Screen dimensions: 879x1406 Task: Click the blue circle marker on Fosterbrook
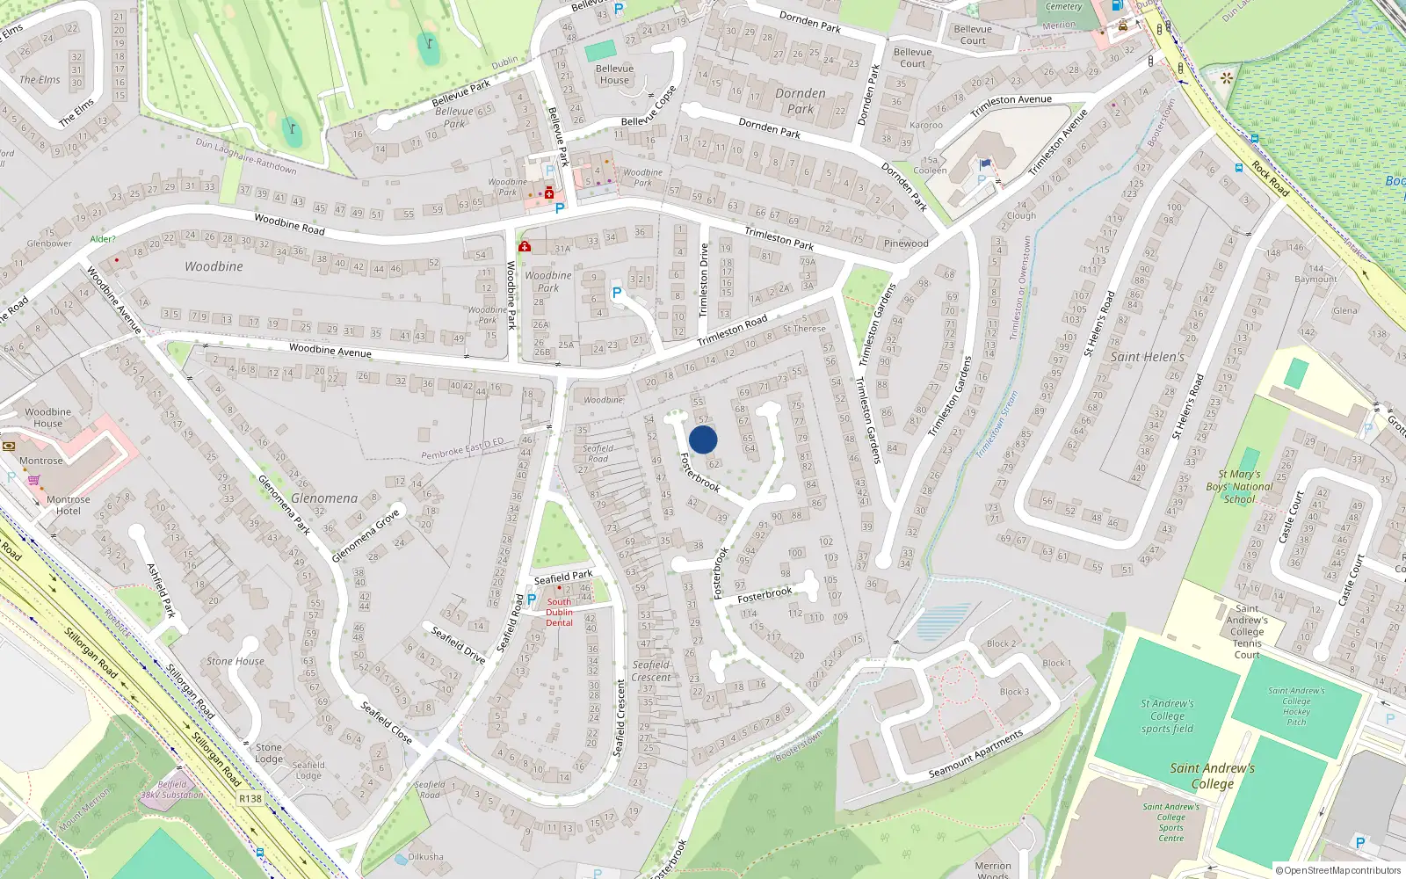click(x=703, y=439)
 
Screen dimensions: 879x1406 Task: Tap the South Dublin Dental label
click(x=559, y=613)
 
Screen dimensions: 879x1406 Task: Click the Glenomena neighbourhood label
click(x=324, y=498)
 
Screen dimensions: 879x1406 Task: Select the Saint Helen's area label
click(x=1147, y=357)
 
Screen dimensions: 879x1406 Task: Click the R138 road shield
click(x=250, y=799)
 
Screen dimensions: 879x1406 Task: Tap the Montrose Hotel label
click(x=69, y=505)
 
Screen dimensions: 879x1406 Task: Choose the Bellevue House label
click(x=614, y=75)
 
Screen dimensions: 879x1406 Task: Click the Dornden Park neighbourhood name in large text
click(x=800, y=101)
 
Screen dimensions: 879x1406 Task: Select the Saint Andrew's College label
click(x=1212, y=775)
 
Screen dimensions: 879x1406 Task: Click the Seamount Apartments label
click(x=975, y=754)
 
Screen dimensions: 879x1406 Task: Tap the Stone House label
click(x=236, y=661)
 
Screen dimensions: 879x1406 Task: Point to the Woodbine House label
click(x=48, y=417)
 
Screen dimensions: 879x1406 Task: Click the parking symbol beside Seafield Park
click(x=532, y=599)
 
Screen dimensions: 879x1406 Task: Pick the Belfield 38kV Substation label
click(x=172, y=789)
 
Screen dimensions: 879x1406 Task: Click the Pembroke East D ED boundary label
click(x=462, y=448)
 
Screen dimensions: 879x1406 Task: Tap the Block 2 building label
click(x=1001, y=643)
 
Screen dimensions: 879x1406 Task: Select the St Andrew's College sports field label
click(x=1167, y=716)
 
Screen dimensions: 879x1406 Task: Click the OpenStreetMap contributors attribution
click(x=1337, y=871)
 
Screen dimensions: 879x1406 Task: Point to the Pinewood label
click(x=906, y=243)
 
